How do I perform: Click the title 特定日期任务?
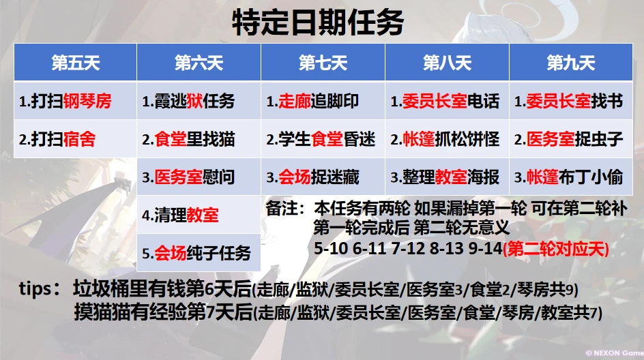(317, 22)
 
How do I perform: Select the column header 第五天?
(76, 63)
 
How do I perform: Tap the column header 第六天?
(199, 63)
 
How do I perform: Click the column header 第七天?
(323, 63)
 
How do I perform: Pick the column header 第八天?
(447, 63)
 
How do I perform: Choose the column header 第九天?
(571, 63)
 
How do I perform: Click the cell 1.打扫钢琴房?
(76, 101)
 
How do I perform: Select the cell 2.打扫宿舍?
(76, 139)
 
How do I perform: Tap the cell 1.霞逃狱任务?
(199, 101)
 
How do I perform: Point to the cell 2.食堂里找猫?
(199, 139)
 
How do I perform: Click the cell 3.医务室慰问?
(199, 177)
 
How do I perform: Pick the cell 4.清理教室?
(199, 215)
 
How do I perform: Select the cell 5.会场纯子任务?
(199, 253)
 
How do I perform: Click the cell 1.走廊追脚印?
(323, 101)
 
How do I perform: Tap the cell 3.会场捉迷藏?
(323, 177)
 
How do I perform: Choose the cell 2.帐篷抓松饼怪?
(447, 139)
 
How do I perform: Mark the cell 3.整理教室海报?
(447, 177)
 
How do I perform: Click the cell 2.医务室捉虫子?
(571, 139)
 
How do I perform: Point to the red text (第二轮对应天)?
(556, 249)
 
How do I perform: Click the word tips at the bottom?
(35, 289)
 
